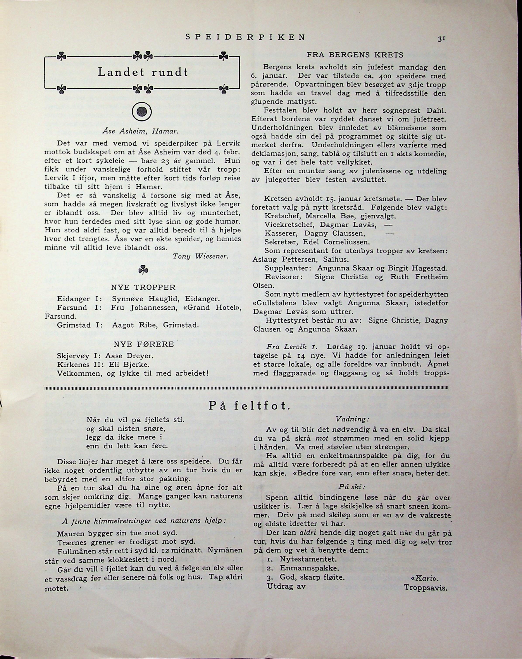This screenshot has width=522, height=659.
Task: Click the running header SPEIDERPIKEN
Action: point(245,37)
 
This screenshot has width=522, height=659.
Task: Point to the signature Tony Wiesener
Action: point(200,256)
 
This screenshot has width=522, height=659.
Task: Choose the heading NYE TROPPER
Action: point(143,287)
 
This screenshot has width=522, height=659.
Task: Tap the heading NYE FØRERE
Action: point(144,344)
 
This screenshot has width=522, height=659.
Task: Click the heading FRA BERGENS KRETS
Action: point(355,55)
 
